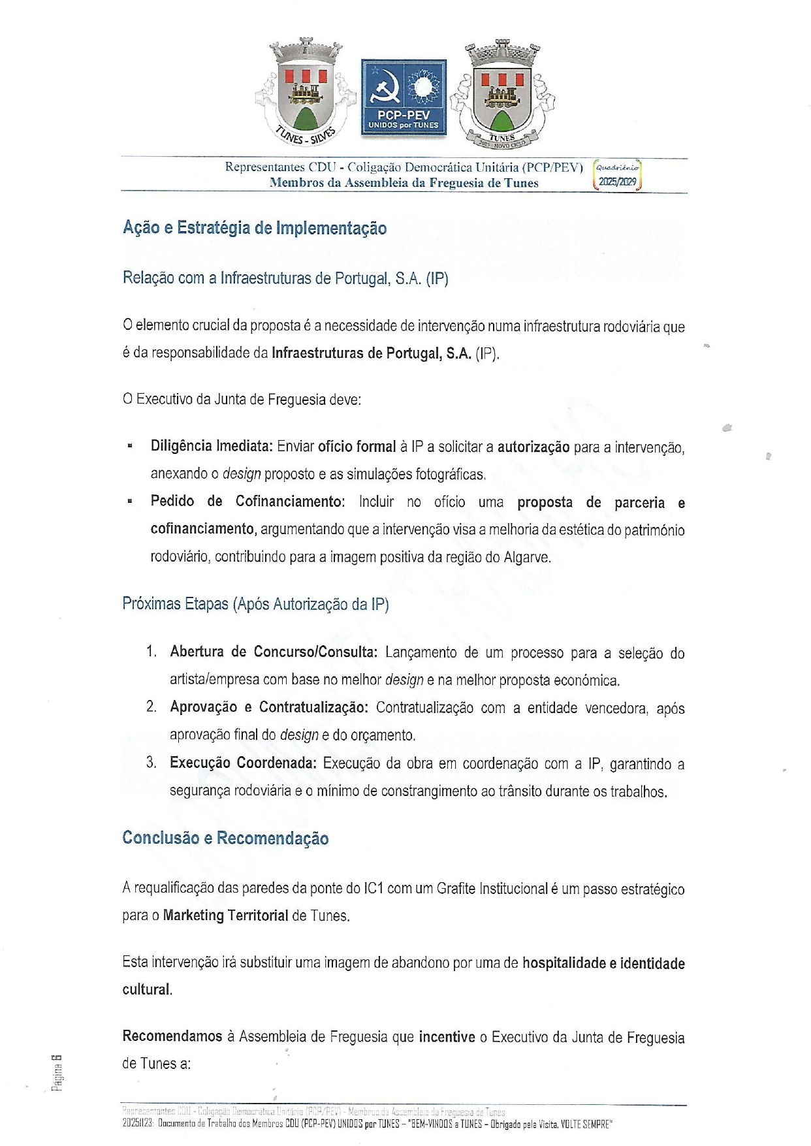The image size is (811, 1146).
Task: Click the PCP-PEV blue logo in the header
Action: pos(404,97)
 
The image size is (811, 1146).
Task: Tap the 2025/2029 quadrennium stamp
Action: pos(617,176)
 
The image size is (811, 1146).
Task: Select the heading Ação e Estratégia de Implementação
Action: pos(255,228)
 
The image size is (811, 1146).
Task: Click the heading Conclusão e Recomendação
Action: pos(225,838)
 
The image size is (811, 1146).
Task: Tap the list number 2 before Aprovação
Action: pos(151,707)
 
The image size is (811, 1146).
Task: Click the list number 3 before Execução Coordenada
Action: pos(151,763)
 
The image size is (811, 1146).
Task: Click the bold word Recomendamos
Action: pos(172,1037)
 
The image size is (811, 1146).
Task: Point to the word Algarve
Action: pos(527,557)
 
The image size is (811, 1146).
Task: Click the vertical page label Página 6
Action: pos(57,1072)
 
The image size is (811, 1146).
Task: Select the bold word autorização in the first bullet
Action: pos(533,447)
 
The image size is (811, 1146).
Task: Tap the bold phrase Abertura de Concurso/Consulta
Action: pos(273,652)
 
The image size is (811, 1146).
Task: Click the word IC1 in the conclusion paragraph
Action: pos(373,889)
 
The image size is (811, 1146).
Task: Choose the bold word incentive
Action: pos(447,1037)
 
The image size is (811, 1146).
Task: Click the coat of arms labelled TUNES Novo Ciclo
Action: pos(501,94)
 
